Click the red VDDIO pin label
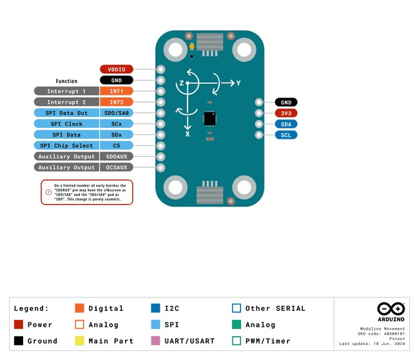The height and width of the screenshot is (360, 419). (x=117, y=69)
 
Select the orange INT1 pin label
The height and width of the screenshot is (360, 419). (x=117, y=91)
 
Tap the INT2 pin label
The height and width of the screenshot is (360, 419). (x=117, y=102)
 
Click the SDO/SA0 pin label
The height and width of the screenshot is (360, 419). (x=117, y=113)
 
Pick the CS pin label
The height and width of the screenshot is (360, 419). (x=117, y=146)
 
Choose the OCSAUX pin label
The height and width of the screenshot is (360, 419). (x=117, y=167)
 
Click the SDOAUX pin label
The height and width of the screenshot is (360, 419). (x=117, y=157)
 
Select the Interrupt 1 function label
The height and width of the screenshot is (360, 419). (x=66, y=91)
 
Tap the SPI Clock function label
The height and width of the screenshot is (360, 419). (x=66, y=124)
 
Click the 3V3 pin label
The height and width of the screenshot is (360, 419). (x=286, y=113)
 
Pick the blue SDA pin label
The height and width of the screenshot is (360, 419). (x=286, y=124)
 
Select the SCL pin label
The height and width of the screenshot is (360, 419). (x=286, y=135)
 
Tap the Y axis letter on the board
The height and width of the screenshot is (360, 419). (x=238, y=83)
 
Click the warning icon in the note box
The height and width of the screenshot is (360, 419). (x=48, y=192)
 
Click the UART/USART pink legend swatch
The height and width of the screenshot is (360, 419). (x=155, y=341)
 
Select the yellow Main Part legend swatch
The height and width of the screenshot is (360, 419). (x=80, y=341)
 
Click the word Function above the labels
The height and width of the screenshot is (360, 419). (x=66, y=81)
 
